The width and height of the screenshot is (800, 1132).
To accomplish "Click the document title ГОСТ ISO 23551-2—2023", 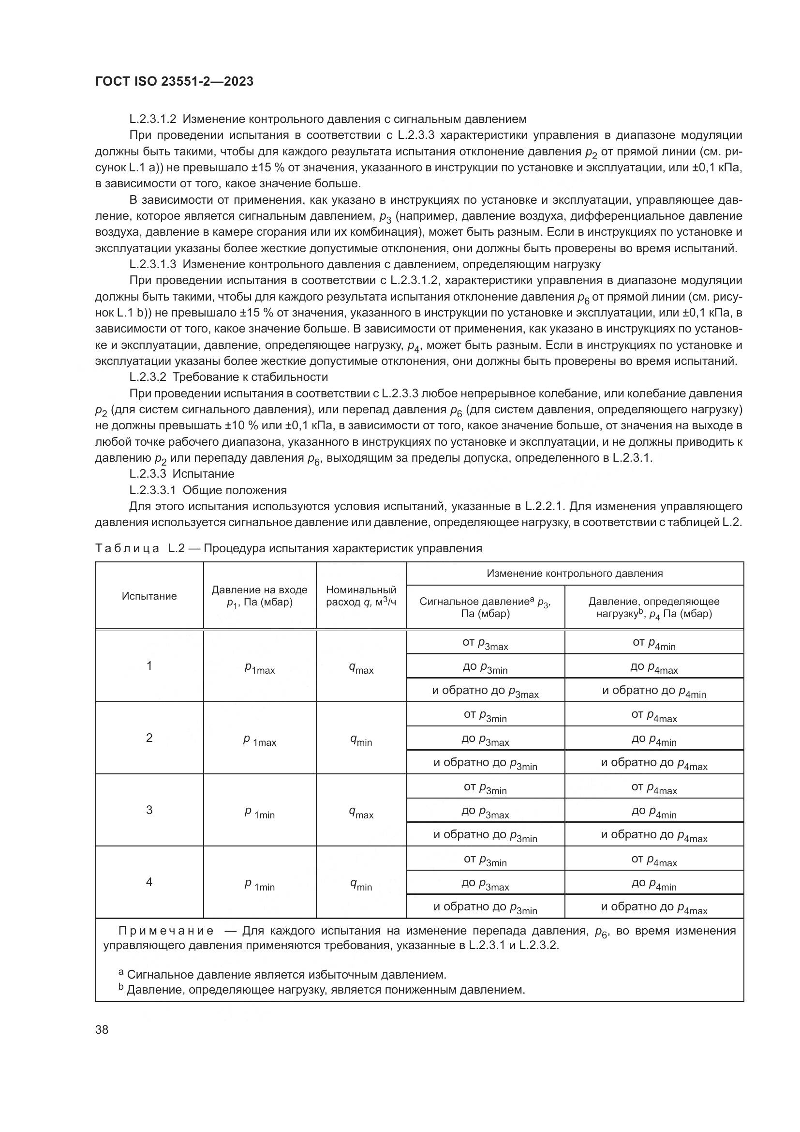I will point(174,82).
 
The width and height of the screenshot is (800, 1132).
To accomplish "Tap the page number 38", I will point(102,1029).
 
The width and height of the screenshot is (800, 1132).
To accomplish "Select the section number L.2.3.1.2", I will point(153,120).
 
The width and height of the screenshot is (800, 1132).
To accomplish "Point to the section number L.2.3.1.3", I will point(153,264).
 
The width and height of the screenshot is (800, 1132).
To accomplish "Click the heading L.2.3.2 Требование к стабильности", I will point(229,377).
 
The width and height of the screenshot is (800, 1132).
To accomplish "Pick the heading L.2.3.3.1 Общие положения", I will point(208,490).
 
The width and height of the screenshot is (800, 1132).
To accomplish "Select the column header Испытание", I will point(149,596).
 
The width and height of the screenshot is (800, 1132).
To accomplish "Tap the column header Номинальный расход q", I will point(361,596).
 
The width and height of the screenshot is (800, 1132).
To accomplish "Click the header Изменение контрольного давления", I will point(575,574).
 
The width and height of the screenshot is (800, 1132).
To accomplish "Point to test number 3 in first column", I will point(149,810).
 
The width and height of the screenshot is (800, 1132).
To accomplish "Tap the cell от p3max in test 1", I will point(485,643).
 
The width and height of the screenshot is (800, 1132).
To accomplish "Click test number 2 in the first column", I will point(149,738).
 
